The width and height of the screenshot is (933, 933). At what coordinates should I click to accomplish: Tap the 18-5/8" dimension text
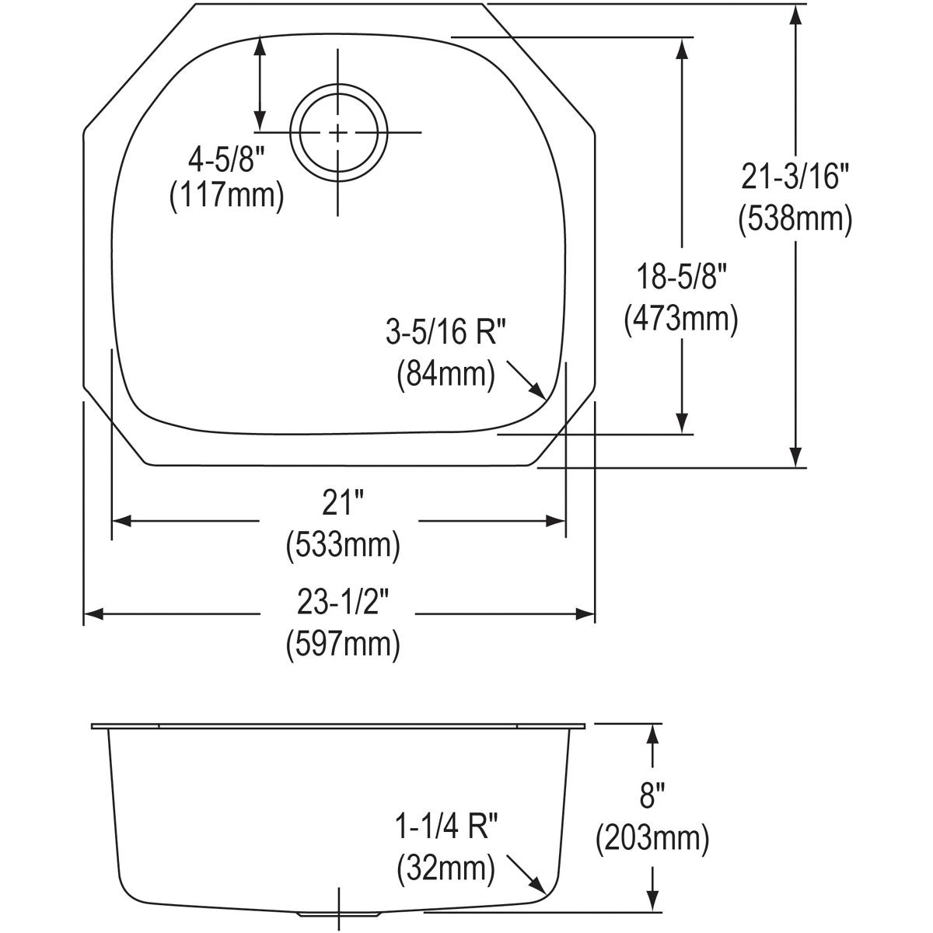click(681, 278)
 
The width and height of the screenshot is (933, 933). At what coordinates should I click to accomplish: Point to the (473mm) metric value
click(681, 318)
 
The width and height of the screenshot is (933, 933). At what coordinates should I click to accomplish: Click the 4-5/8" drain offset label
click(226, 159)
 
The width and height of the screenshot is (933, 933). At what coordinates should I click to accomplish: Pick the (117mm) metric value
click(226, 196)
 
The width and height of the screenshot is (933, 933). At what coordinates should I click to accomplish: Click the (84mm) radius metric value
click(446, 374)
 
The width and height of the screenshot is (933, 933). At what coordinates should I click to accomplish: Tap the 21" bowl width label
click(343, 505)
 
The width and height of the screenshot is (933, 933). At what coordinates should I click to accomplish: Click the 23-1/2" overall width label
click(343, 601)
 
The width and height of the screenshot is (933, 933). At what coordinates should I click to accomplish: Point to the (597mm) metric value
click(343, 644)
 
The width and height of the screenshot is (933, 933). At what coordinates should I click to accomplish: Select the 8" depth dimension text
click(652, 798)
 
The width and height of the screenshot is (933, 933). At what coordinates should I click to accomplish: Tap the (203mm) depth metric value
click(652, 838)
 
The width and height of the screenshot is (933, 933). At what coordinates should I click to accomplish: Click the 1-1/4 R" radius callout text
click(446, 829)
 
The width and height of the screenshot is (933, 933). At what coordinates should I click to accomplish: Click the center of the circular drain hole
click(338, 132)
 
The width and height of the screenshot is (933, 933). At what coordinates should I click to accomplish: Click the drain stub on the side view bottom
click(339, 915)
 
